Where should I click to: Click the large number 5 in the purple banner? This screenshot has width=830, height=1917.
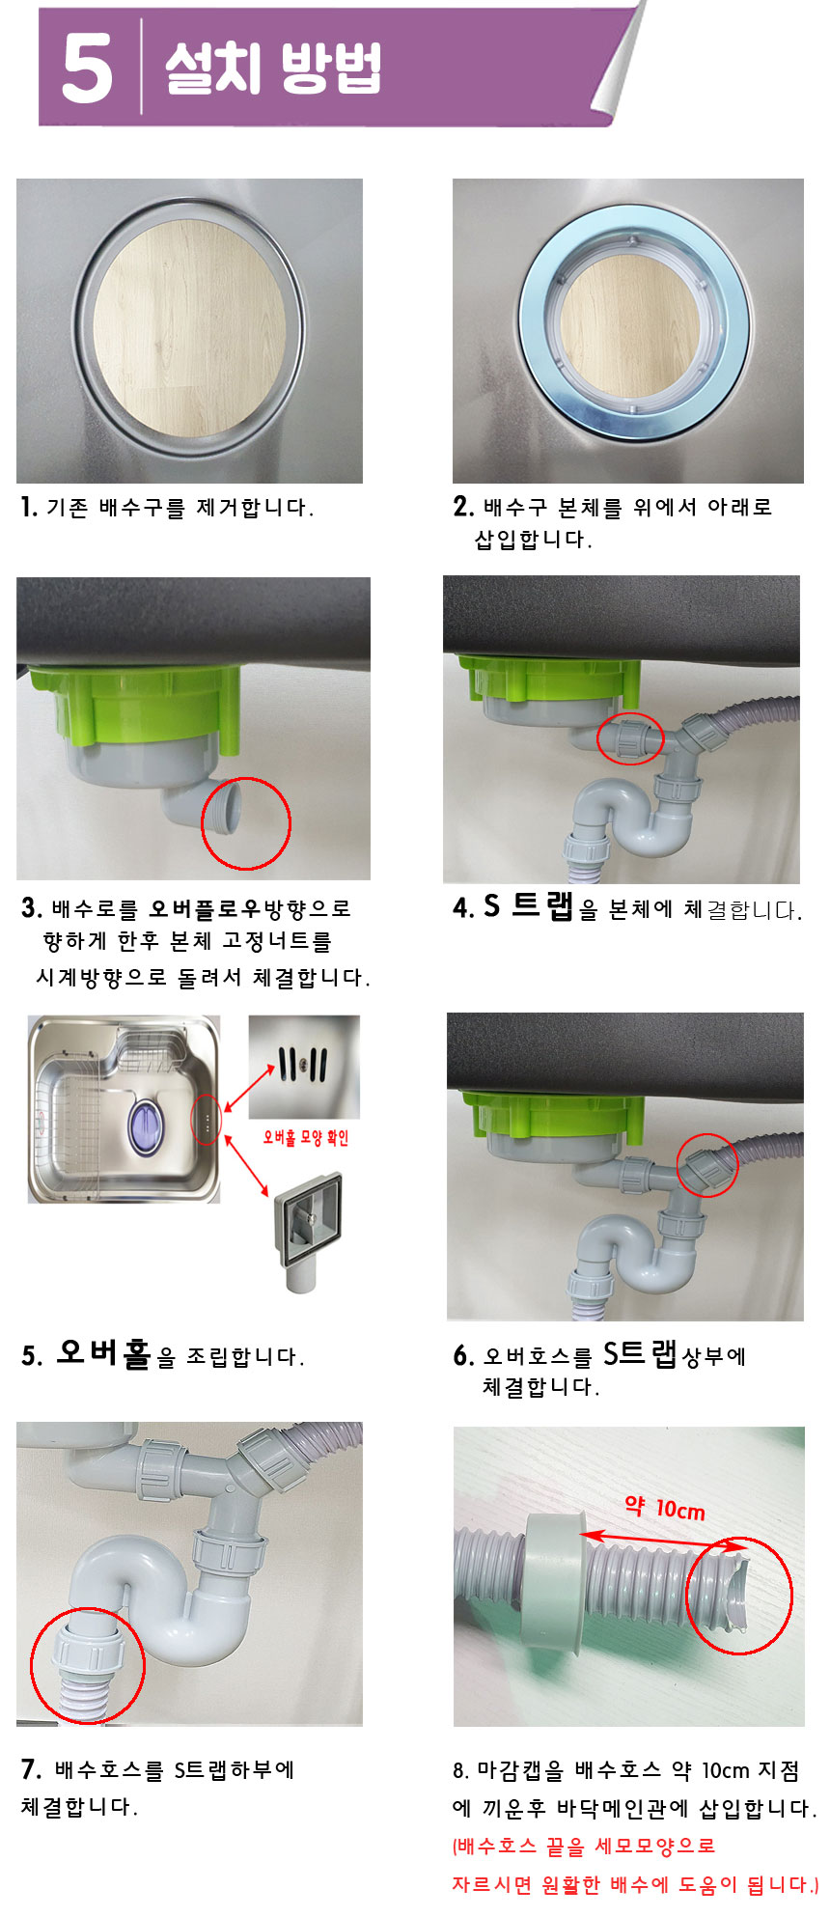point(87,67)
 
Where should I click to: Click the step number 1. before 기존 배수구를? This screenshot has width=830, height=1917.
point(29,506)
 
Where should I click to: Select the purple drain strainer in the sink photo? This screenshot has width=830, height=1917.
point(146,1126)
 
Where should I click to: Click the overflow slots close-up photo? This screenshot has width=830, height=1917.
point(304,1067)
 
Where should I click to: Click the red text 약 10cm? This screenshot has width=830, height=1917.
point(665,1508)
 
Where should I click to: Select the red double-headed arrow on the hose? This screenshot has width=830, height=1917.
point(663,1541)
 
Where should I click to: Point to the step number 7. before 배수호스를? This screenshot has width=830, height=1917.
point(31,1768)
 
